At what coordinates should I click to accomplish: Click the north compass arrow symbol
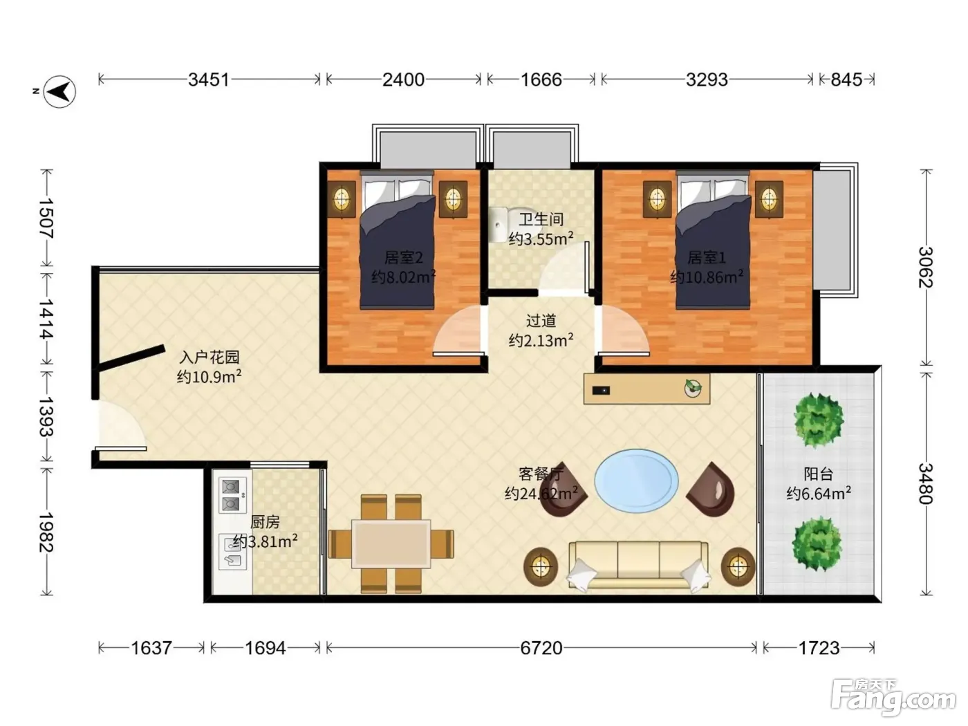(59, 92)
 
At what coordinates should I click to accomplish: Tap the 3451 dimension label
(209, 80)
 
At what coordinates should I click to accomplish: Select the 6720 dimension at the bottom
(541, 648)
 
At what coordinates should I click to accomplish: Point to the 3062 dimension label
(926, 267)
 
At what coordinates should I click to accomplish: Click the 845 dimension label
(846, 80)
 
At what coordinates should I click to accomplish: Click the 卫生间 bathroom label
(541, 219)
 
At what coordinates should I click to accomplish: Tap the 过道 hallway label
(541, 320)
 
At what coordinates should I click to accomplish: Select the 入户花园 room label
(209, 357)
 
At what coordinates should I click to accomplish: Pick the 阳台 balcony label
(819, 474)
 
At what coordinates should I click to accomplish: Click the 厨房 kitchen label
(265, 522)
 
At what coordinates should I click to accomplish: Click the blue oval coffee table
(636, 481)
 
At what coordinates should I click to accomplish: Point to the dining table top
(391, 544)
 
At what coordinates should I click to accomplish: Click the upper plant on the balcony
(819, 420)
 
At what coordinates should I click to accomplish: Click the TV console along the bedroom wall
(646, 389)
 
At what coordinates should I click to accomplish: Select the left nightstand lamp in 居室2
(342, 199)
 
